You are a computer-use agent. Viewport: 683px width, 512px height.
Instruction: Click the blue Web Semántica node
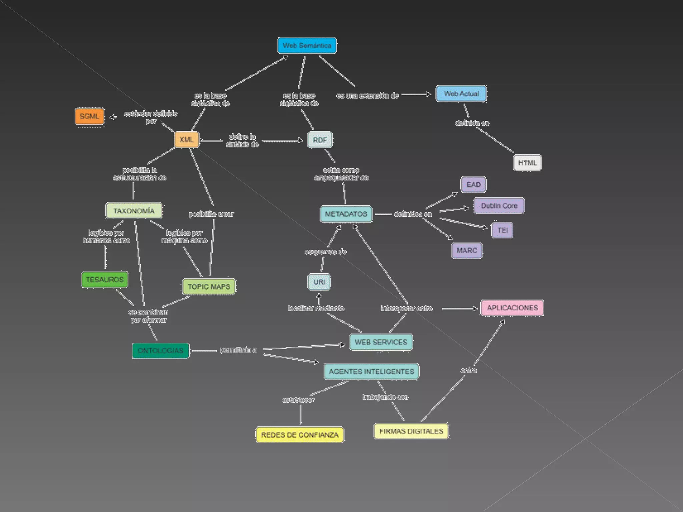click(307, 45)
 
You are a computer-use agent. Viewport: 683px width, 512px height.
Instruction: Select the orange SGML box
click(89, 116)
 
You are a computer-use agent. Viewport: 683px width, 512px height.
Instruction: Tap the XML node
click(186, 140)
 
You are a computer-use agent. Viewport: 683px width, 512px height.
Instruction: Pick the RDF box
click(320, 140)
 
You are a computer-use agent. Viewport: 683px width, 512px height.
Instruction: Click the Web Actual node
click(461, 94)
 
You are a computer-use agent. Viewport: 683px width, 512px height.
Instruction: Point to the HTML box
click(527, 163)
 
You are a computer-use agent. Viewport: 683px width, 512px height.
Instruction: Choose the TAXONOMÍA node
click(134, 211)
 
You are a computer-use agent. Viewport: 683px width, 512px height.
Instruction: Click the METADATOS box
click(346, 214)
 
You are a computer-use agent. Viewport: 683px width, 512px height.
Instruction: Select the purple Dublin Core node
click(499, 206)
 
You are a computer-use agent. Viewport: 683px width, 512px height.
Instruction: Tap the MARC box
click(467, 251)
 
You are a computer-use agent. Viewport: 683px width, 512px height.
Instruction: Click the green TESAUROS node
click(105, 280)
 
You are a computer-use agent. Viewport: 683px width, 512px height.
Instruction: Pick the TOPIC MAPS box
click(209, 287)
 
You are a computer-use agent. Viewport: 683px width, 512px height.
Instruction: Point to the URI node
click(319, 282)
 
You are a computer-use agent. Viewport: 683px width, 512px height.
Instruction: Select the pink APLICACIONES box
click(512, 308)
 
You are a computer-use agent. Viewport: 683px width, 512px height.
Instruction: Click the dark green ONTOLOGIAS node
click(160, 351)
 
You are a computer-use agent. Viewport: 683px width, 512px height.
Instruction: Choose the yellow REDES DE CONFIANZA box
click(299, 435)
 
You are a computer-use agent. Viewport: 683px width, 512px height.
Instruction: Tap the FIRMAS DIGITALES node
click(411, 431)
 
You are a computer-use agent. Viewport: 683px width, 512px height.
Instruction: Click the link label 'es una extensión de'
click(368, 96)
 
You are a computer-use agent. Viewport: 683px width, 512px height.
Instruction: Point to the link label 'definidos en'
click(413, 214)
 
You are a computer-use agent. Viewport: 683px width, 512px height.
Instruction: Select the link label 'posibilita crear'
click(211, 214)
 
